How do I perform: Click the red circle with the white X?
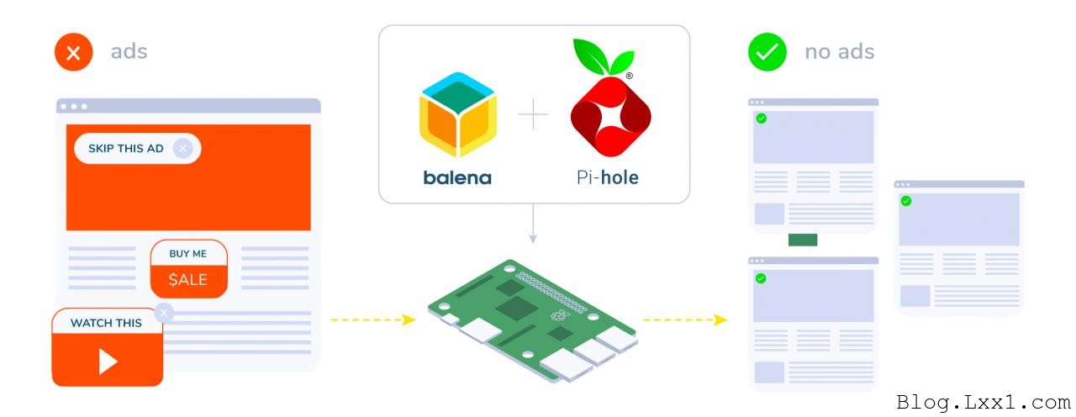coord(73,52)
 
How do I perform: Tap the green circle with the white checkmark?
coord(767,52)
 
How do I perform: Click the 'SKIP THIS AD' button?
coord(137,149)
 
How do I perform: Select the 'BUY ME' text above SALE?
coord(187,254)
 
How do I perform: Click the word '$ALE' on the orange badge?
coord(187,280)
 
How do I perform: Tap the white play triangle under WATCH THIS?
coord(108,362)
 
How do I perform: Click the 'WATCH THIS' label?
coord(106,323)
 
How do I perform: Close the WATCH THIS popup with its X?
coord(164,314)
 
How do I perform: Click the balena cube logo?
coord(458,114)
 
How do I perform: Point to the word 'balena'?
coord(457,177)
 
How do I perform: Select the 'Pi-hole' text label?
coord(608,177)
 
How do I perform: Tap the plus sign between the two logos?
coord(533,114)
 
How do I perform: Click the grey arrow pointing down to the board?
coord(533,224)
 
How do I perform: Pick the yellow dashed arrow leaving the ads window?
coord(373,319)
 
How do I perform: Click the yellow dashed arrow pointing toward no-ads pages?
coord(685,319)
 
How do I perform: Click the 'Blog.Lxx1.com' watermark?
coord(984,403)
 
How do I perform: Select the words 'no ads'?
coord(840,52)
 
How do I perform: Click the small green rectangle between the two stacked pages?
coord(803,240)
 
